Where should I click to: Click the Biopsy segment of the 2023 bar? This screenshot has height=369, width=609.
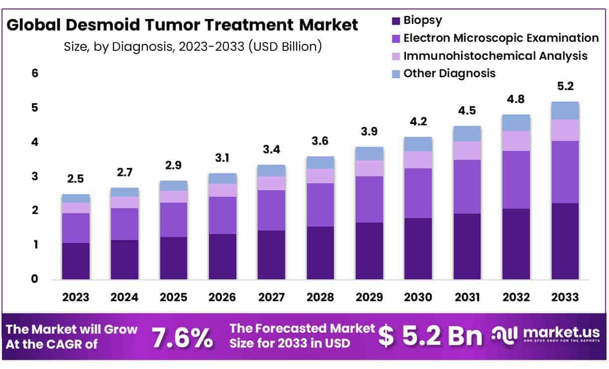76,261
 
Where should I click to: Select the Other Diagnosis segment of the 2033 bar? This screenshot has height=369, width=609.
565,111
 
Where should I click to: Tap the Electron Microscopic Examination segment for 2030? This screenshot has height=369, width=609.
418,193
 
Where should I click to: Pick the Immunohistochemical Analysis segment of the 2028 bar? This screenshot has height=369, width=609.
320,176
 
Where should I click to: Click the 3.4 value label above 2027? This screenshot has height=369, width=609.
271,149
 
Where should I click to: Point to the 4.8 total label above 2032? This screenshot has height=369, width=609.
516,99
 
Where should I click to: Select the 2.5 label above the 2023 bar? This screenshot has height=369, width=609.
76,179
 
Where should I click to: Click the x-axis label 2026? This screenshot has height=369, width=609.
222,297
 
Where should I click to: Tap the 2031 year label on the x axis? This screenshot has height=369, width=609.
467,297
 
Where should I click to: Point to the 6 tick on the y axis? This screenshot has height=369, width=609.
35,73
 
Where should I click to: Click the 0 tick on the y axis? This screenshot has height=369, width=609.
34,279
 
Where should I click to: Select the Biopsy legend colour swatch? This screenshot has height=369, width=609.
396,21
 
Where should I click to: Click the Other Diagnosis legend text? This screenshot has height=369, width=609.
449,74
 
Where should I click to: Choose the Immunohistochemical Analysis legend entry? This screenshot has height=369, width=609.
490,56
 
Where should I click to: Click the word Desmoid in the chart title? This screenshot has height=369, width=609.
103,25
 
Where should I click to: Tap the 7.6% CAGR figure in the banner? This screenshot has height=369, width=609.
183,338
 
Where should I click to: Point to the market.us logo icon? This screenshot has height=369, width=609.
505,336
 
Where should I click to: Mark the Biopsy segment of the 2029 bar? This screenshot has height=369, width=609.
369,251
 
